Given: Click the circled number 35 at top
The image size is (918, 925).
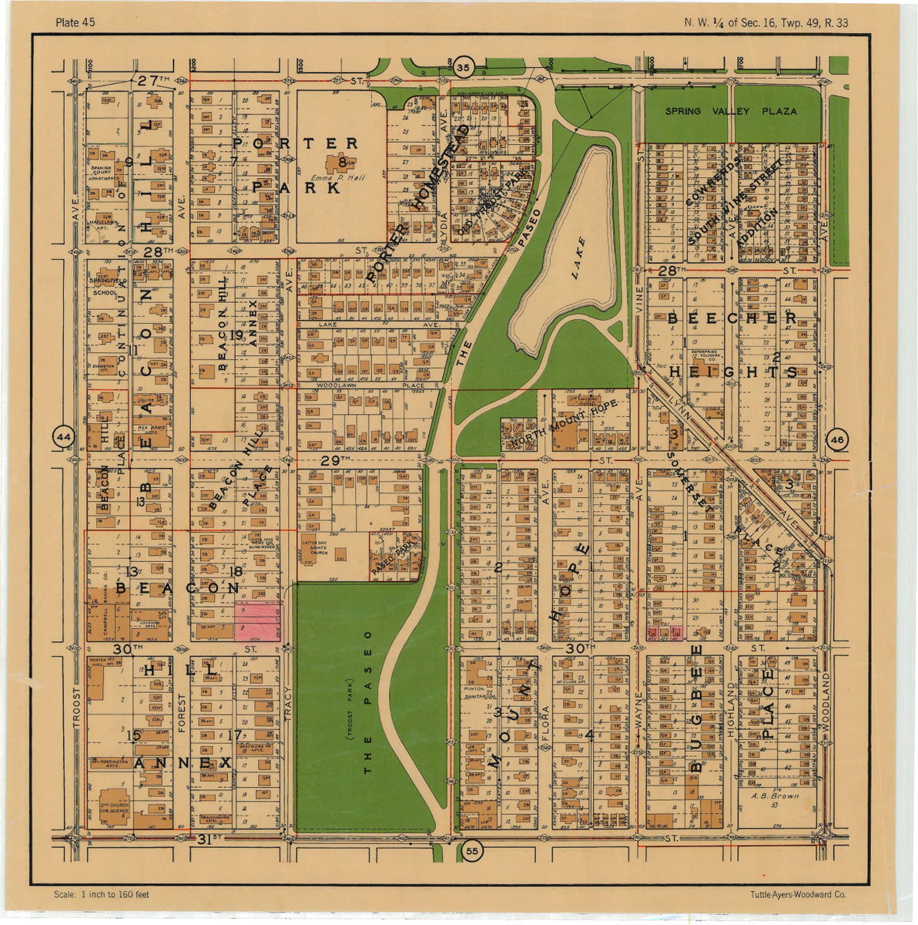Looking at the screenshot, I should (x=462, y=68).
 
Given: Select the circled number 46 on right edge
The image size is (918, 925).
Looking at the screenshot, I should (x=837, y=440).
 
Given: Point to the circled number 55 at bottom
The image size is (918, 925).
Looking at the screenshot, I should (x=472, y=851).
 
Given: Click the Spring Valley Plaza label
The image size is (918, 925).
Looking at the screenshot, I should (x=732, y=111).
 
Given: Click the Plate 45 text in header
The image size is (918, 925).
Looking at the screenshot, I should (x=75, y=22).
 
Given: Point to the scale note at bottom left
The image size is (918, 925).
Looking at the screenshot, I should (x=102, y=895).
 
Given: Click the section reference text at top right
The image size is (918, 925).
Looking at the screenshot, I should (x=766, y=22).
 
